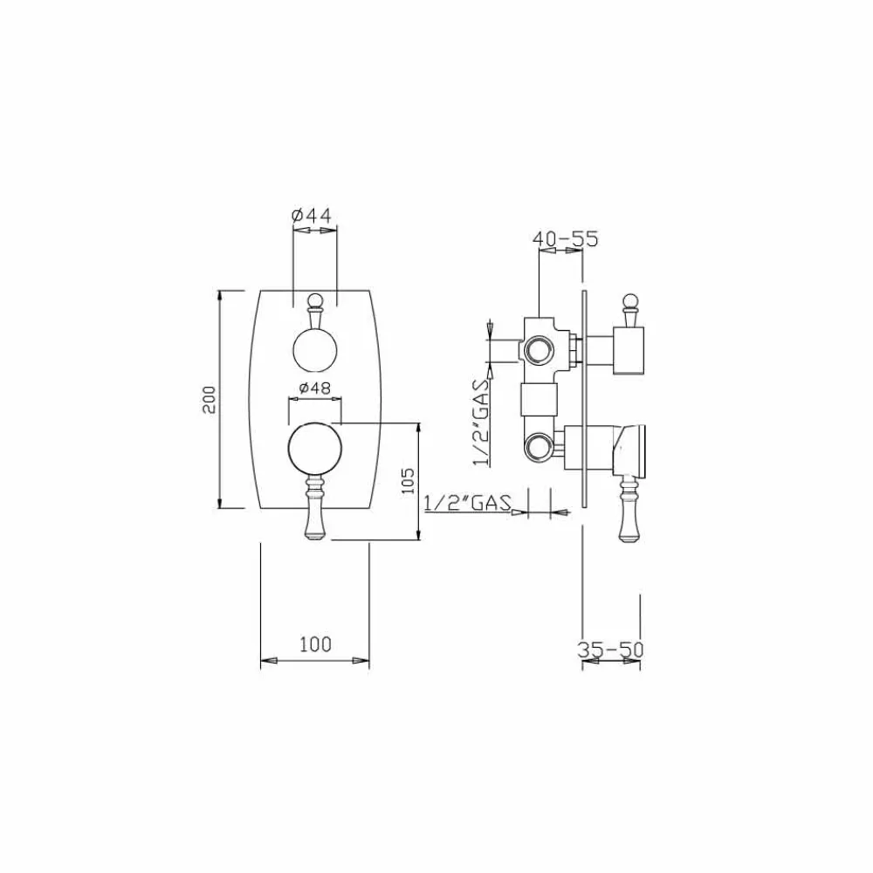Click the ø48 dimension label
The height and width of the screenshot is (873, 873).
(314, 388)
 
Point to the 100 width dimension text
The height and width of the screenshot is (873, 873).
(315, 645)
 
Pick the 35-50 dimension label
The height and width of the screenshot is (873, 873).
(611, 650)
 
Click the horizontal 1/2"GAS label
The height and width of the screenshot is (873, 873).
(467, 502)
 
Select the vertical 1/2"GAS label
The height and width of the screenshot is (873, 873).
(479, 422)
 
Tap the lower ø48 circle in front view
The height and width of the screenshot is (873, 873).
(314, 448)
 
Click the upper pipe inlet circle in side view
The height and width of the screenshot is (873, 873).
(538, 351)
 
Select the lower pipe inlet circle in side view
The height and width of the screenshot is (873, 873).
(538, 448)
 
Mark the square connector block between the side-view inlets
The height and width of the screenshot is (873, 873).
(538, 401)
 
